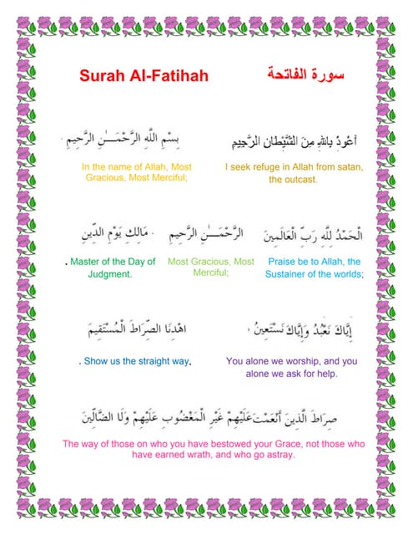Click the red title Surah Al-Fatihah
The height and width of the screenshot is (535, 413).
coord(144,77)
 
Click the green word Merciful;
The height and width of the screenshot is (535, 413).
coord(211,273)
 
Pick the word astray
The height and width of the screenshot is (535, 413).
coord(280,456)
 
